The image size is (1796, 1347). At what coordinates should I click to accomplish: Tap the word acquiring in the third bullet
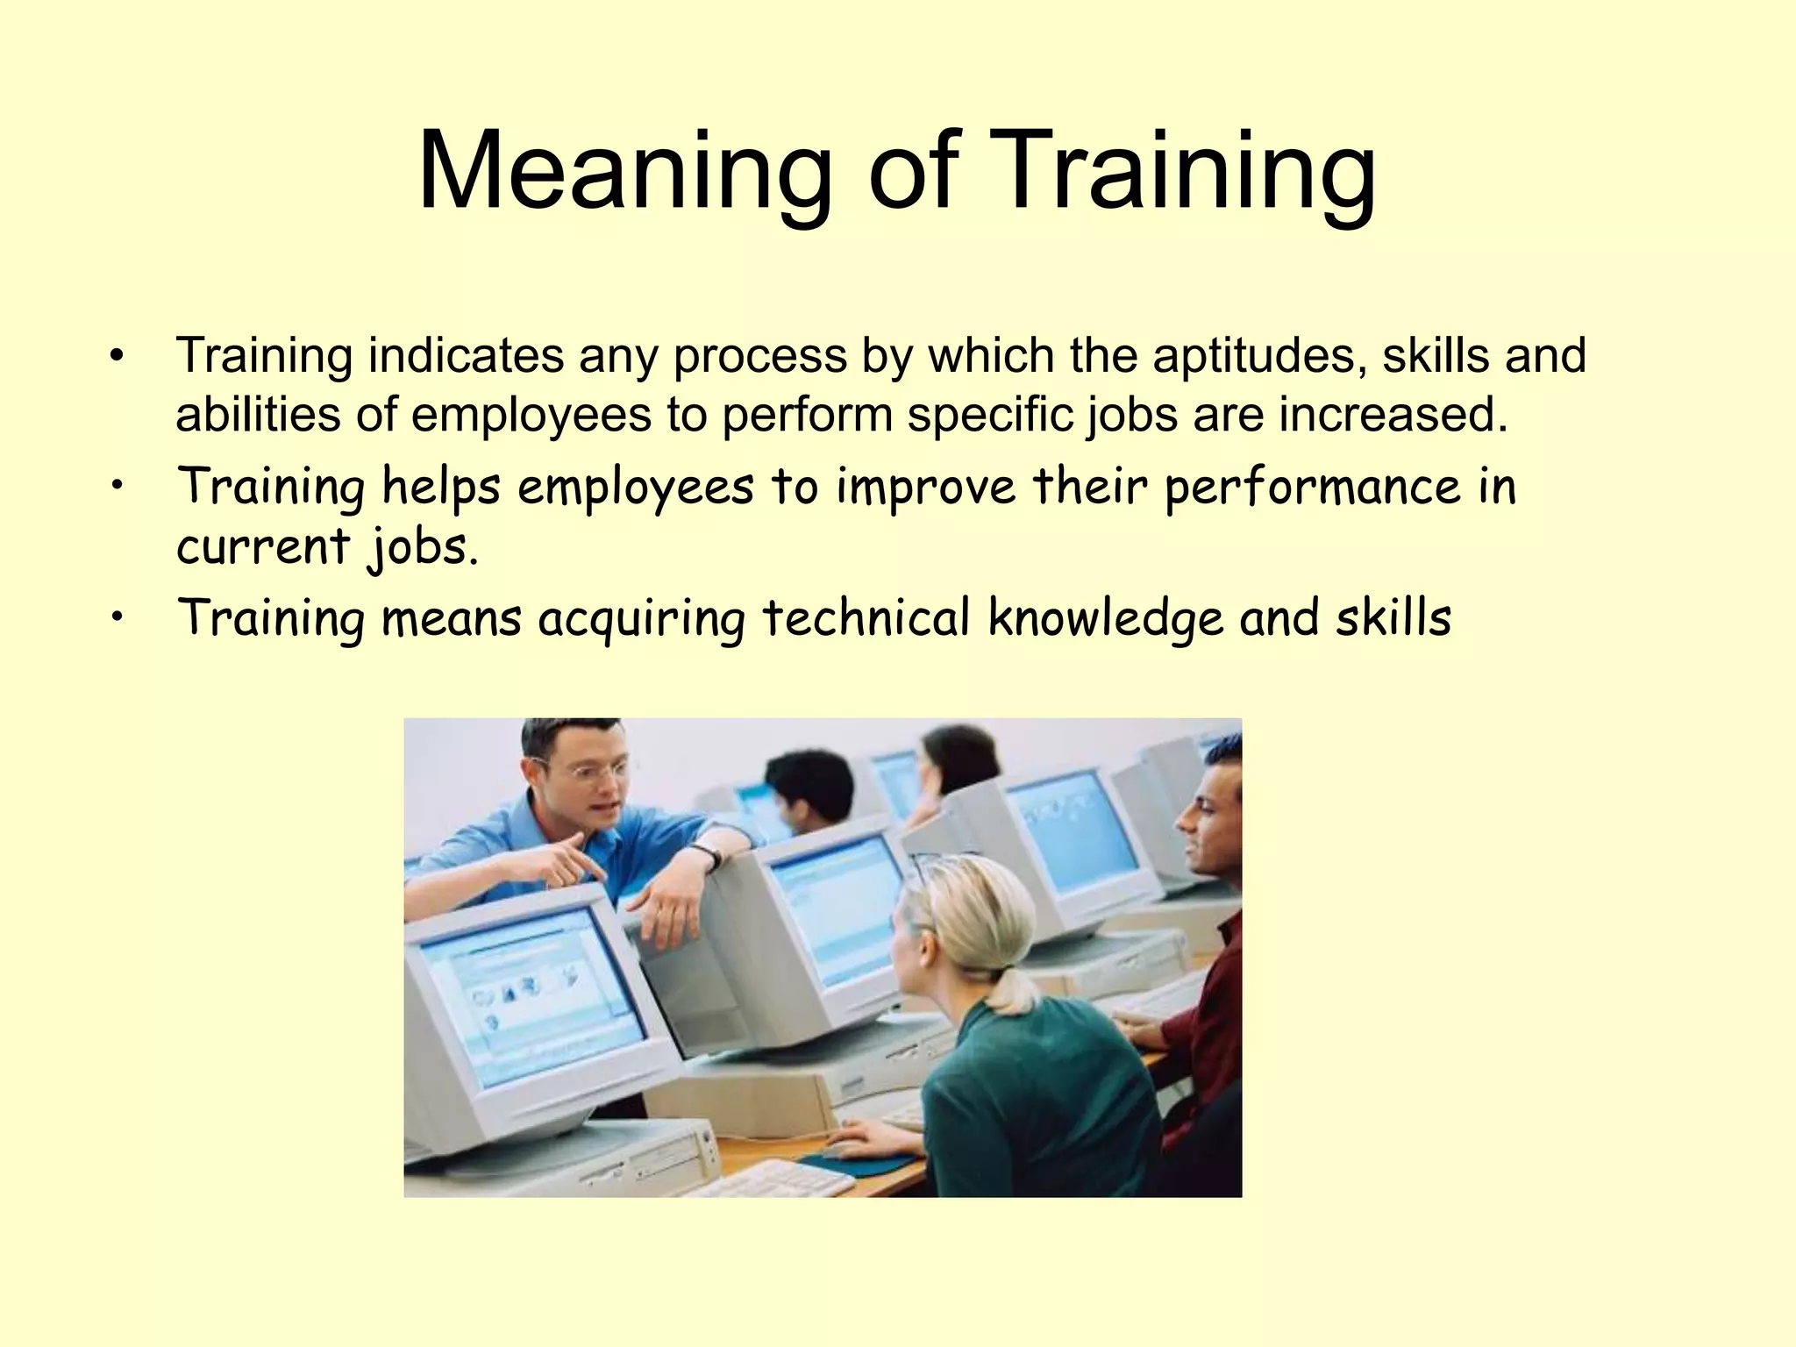(x=641, y=619)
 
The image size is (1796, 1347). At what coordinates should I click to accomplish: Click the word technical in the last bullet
(x=866, y=619)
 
